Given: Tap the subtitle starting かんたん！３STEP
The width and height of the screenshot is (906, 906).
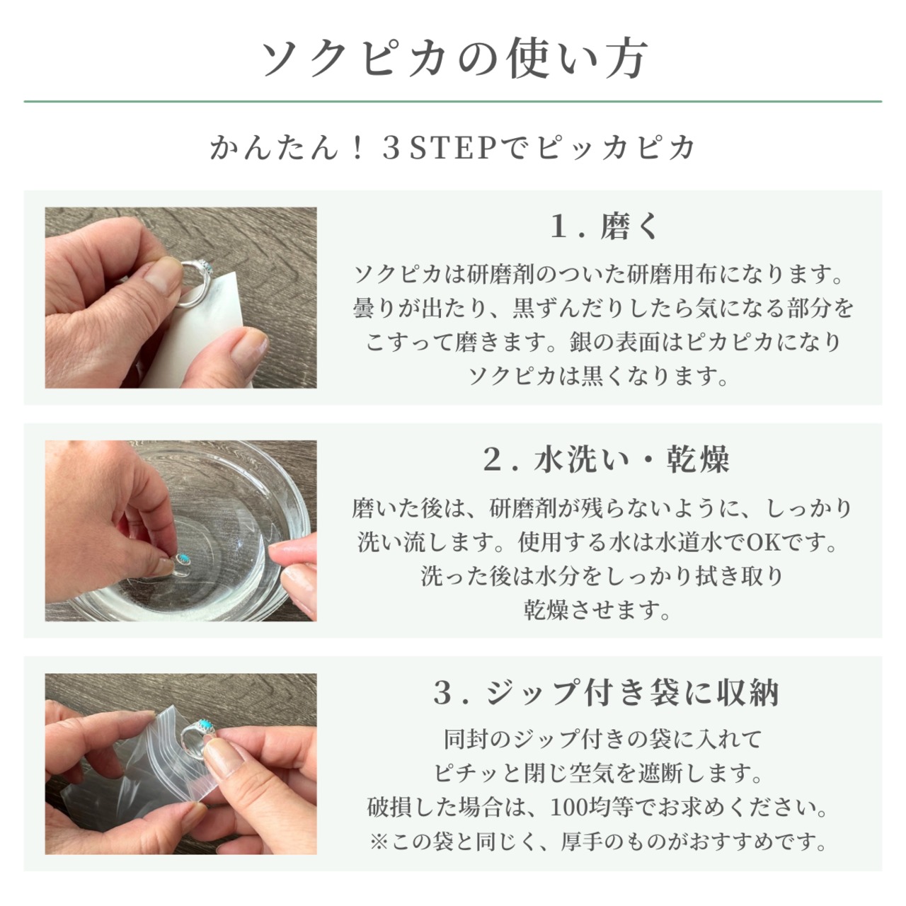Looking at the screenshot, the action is (x=452, y=148).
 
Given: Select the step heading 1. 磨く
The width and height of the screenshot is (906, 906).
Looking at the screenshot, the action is (x=604, y=226).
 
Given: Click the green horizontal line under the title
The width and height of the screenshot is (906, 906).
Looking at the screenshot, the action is (x=453, y=101).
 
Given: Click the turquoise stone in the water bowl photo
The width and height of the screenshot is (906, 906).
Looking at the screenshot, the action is (x=183, y=558).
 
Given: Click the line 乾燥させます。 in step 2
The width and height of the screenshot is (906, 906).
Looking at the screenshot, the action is (x=597, y=610).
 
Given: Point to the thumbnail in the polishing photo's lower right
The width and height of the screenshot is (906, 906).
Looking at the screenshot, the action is (x=248, y=348).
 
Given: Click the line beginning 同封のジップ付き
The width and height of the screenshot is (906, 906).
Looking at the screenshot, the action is (x=603, y=739).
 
